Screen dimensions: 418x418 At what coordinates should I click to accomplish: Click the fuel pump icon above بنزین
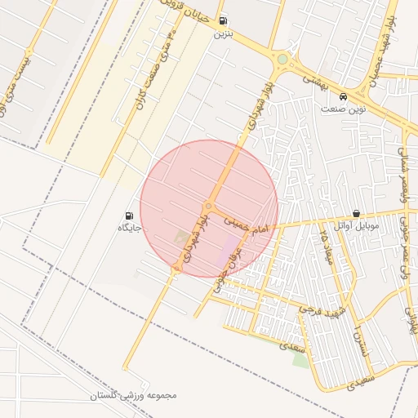(224, 22)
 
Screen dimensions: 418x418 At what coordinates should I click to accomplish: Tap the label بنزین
(223, 35)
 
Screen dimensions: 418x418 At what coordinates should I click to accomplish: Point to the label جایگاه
(129, 229)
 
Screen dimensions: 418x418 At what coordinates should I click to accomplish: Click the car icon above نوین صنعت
(344, 96)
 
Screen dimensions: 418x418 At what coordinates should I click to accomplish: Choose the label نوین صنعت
(344, 109)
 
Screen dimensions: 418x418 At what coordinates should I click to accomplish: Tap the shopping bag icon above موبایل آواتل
(357, 213)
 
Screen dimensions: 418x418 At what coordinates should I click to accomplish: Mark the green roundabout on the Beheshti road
(282, 59)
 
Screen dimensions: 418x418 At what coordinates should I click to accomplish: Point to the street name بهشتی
(313, 80)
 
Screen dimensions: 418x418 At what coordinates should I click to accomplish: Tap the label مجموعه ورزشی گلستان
(134, 396)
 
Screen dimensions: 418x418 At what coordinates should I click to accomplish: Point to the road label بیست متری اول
(20, 70)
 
